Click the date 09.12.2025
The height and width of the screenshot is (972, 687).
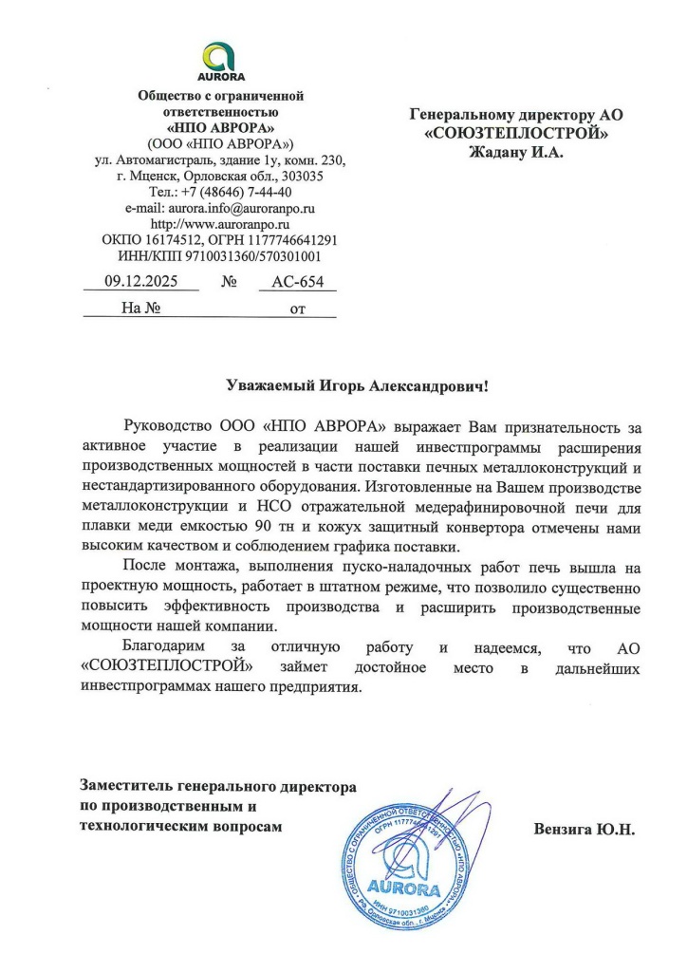tap(140, 282)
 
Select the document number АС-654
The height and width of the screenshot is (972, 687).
tap(298, 282)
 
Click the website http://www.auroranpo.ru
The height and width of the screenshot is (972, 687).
tap(220, 223)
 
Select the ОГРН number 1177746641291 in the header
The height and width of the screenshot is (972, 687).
tap(284, 239)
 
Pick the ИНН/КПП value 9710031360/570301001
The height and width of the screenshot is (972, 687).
tap(246, 255)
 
